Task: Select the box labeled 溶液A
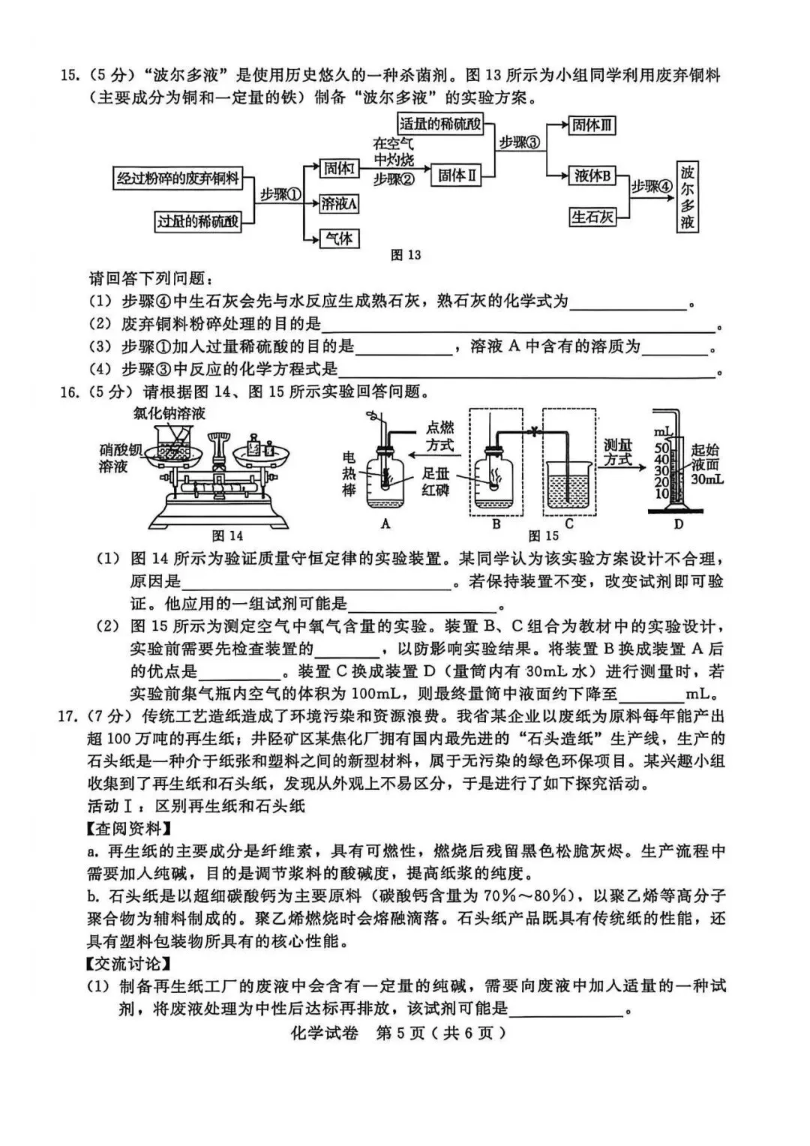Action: click(339, 203)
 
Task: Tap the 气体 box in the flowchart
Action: click(339, 238)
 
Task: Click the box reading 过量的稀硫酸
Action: click(198, 221)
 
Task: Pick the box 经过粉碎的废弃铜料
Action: click(178, 178)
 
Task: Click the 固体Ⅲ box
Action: click(592, 125)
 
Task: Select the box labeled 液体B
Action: click(592, 176)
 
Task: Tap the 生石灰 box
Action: click(592, 217)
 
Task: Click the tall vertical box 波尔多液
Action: click(688, 197)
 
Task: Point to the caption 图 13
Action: click(406, 255)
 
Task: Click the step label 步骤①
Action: click(280, 194)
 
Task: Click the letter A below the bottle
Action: click(385, 523)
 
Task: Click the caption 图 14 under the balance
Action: click(227, 535)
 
